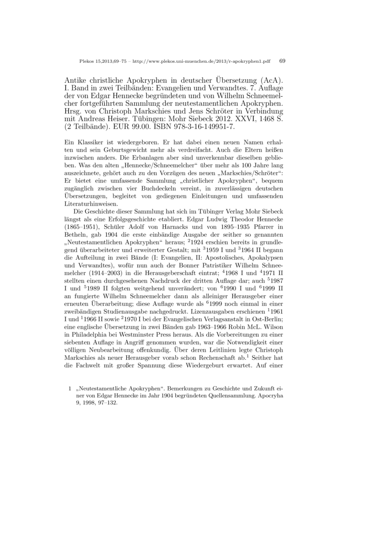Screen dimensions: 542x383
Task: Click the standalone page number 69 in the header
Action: (282, 61)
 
